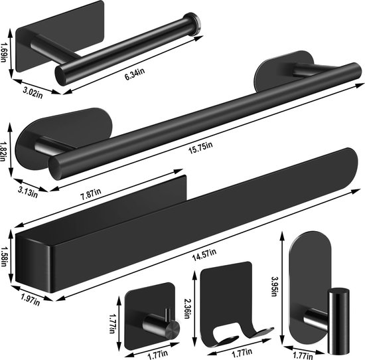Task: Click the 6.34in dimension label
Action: [135, 74]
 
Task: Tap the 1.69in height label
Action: [3, 52]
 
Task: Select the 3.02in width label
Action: [33, 92]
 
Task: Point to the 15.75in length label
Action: [200, 148]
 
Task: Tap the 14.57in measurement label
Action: [204, 255]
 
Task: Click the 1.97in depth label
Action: [31, 300]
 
